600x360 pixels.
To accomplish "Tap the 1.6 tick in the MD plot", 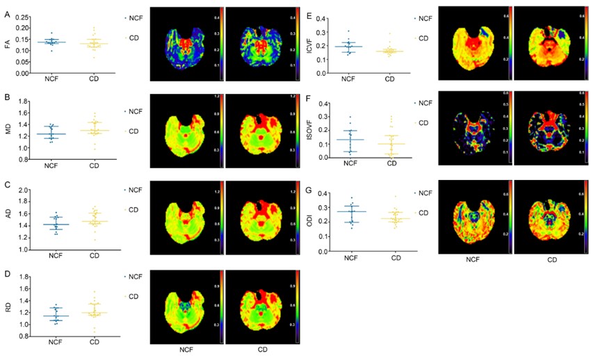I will click(25, 113).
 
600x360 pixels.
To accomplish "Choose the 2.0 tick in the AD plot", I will click(25, 190).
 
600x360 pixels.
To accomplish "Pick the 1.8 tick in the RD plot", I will click(25, 277).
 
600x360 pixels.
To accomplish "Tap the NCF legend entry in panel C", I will click(133, 190).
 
